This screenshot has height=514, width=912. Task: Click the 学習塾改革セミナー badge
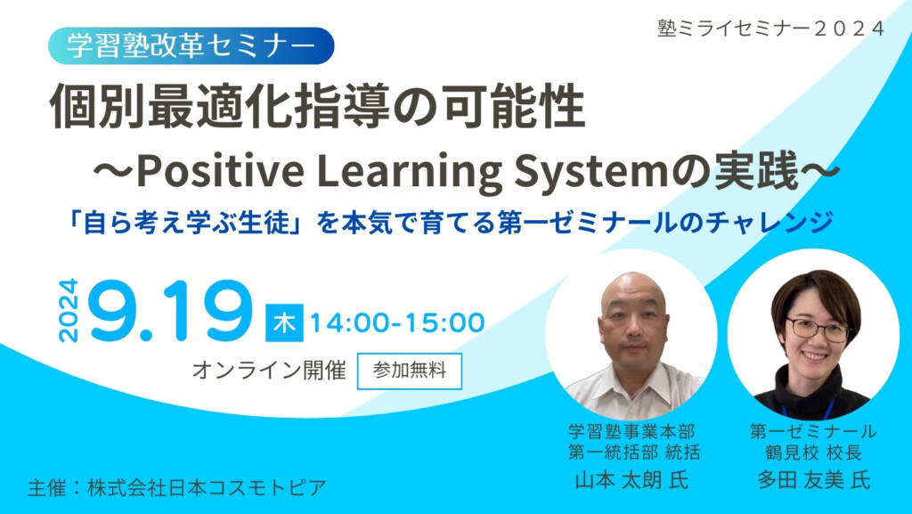[191, 45]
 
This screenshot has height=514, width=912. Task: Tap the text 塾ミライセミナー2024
[770, 28]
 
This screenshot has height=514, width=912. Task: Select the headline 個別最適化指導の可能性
[317, 109]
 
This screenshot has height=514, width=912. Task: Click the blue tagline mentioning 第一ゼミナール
[453, 221]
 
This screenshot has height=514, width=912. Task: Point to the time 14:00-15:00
[396, 322]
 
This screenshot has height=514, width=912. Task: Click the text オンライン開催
[269, 371]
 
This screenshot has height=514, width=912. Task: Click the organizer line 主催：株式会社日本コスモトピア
[176, 487]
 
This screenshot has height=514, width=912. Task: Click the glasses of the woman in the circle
[816, 329]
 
